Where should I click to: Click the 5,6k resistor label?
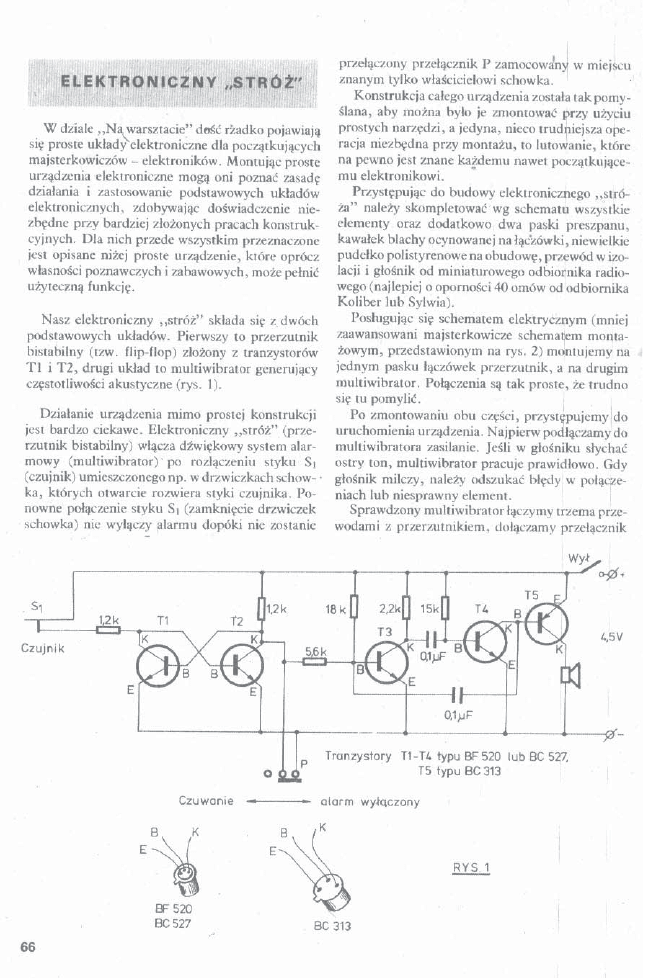[316, 651]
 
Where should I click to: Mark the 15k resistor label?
[429, 608]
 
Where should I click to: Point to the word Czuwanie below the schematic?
[206, 801]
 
